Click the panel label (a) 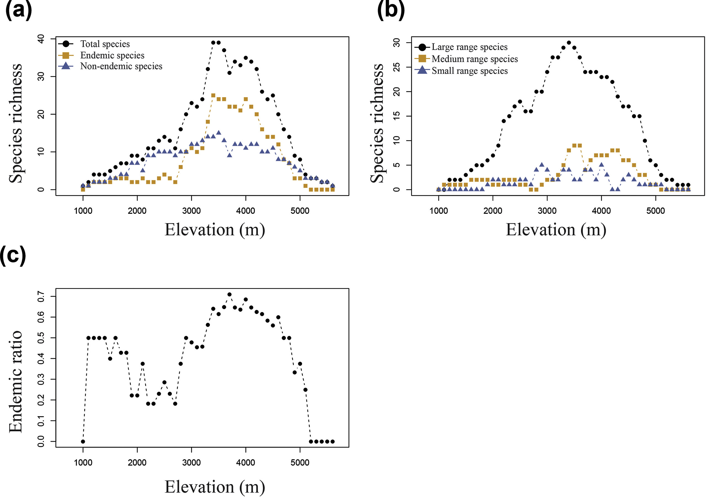pyautogui.click(x=19, y=11)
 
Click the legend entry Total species pyautogui.click(x=105, y=44)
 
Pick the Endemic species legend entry pyautogui.click(x=112, y=55)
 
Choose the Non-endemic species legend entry pyautogui.click(x=121, y=66)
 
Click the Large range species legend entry pyautogui.click(x=469, y=47)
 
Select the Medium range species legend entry pyautogui.click(x=475, y=59)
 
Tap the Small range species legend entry pyautogui.click(x=470, y=71)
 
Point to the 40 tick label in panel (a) pyautogui.click(x=41, y=39)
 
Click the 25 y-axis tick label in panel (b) pyautogui.click(x=397, y=67)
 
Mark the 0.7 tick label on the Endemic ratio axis pyautogui.click(x=41, y=297)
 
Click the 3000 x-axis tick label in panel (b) pyautogui.click(x=547, y=211)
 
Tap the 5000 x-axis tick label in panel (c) pyautogui.click(x=300, y=463)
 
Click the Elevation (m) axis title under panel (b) pyautogui.click(x=556, y=230)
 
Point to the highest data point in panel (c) pyautogui.click(x=229, y=294)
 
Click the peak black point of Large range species pyautogui.click(x=569, y=43)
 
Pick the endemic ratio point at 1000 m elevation pyautogui.click(x=83, y=441)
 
